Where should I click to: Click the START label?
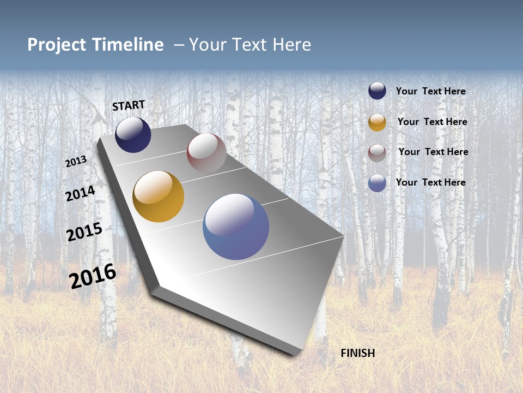tap(129, 105)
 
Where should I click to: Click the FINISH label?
tap(357, 353)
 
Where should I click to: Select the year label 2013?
tap(76, 162)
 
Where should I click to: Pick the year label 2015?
tap(84, 232)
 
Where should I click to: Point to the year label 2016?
tap(93, 276)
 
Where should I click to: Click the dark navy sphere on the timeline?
tap(133, 135)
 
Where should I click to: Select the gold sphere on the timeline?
tap(159, 196)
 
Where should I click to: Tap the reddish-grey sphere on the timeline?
tap(206, 153)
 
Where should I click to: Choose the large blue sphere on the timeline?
tap(236, 227)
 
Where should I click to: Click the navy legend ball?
tap(377, 91)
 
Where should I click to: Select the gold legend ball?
tap(377, 122)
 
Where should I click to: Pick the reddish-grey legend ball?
tap(377, 153)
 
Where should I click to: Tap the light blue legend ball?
tap(377, 183)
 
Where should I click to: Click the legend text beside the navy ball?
tap(430, 91)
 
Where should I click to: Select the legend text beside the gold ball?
tap(432, 122)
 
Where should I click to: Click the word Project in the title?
tap(57, 45)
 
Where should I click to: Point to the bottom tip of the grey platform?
tap(294, 354)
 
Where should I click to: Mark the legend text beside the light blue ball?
tap(430, 182)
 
